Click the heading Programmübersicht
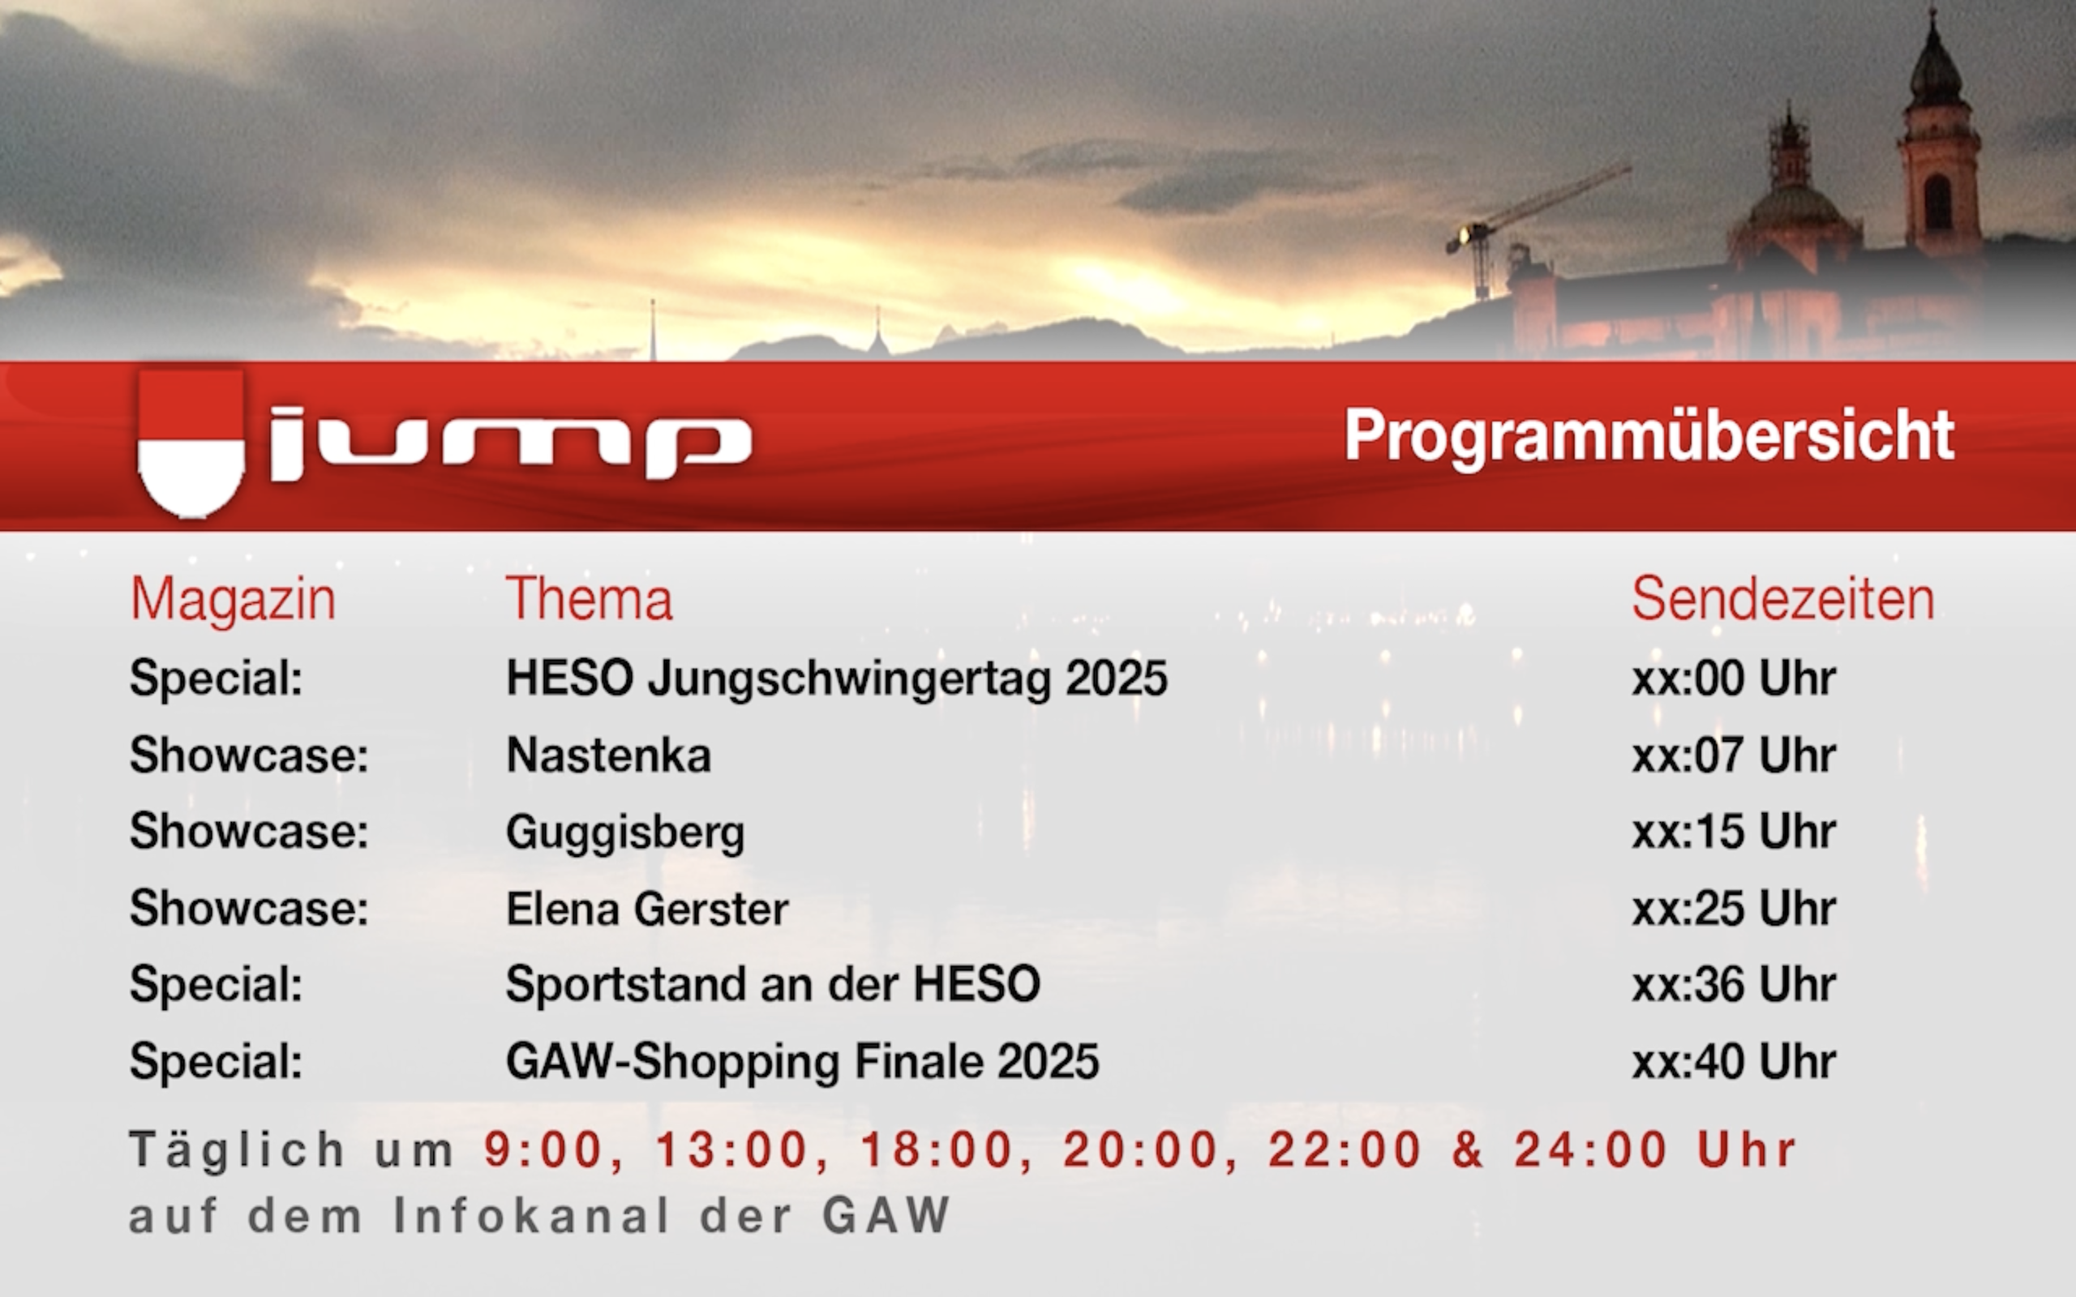[1649, 436]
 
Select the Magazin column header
[234, 598]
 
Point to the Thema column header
[590, 598]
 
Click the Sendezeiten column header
[1782, 598]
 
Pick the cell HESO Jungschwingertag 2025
[836, 678]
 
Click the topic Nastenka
[608, 755]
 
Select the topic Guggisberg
[625, 832]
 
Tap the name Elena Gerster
[647, 909]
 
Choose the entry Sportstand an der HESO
[773, 984]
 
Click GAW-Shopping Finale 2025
[802, 1062]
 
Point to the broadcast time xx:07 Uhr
[1733, 755]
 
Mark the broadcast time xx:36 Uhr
[1733, 984]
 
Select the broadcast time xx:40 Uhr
[1733, 1061]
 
